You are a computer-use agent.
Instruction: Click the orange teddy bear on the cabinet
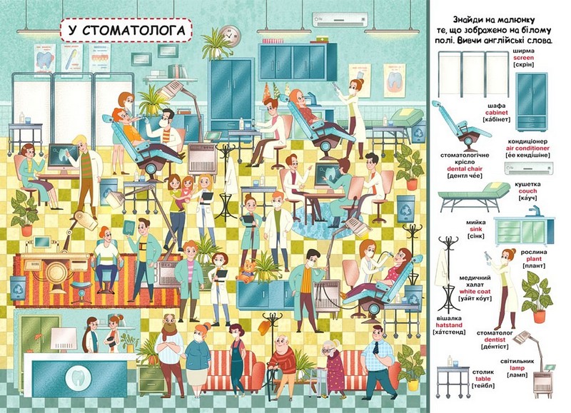point(246,270)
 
